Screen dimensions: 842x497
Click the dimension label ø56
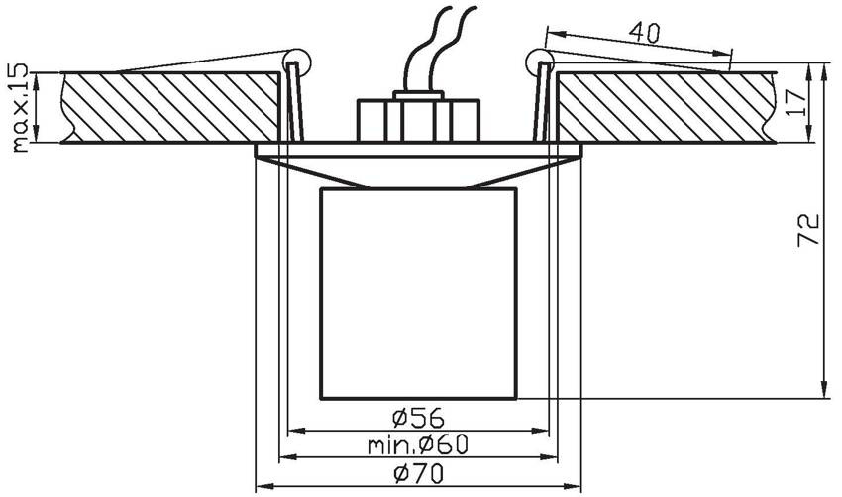click(x=418, y=418)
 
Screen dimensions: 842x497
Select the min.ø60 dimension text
click(x=418, y=444)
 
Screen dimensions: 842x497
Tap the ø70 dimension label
click(x=418, y=473)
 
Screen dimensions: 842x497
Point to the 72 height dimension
click(x=808, y=230)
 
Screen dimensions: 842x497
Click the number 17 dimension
click(x=796, y=103)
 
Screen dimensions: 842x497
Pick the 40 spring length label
click(x=644, y=33)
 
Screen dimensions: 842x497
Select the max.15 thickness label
click(x=20, y=107)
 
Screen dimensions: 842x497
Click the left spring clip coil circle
click(x=297, y=62)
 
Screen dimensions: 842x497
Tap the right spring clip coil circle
click(x=540, y=62)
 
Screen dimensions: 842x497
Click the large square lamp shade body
click(x=418, y=294)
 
